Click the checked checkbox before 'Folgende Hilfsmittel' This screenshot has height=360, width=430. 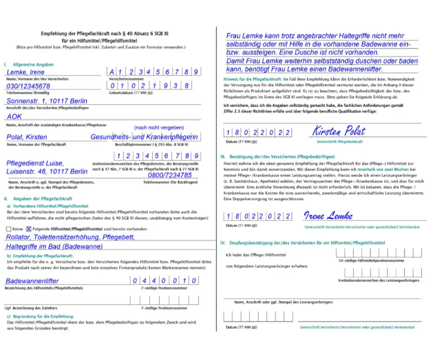[29, 229]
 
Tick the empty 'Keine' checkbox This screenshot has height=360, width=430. [9, 229]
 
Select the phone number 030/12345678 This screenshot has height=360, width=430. [28, 86]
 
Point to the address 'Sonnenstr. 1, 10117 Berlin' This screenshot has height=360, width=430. [47, 101]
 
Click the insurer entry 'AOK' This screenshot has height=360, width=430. [15, 116]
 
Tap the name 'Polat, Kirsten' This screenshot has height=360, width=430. [27, 137]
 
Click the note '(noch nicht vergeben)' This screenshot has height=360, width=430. [159, 127]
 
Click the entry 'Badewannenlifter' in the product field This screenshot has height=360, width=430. [32, 281]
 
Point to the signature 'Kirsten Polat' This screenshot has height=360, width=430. [339, 131]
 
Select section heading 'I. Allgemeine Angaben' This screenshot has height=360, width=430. [29, 64]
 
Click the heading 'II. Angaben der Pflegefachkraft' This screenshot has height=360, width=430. [38, 199]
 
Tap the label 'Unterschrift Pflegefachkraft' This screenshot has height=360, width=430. [339, 142]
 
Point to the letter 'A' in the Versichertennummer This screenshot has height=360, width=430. [112, 72]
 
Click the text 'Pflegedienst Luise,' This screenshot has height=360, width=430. [34, 163]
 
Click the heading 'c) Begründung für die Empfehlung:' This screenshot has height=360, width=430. [41, 316]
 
